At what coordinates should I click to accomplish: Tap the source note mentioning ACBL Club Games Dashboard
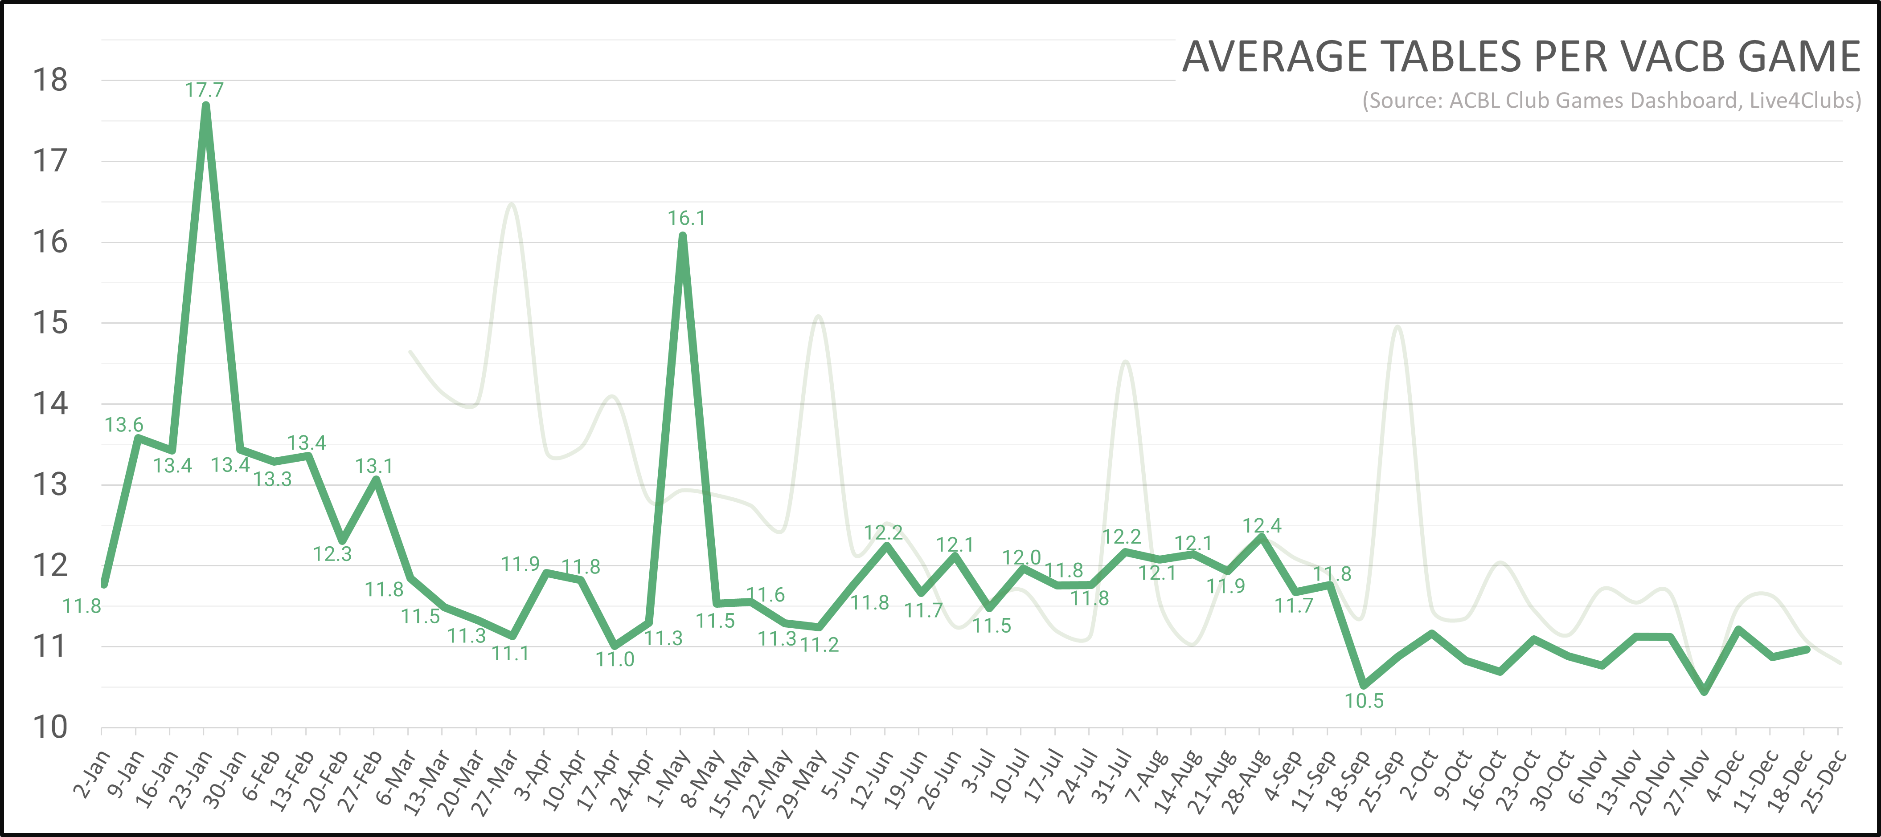tap(1611, 100)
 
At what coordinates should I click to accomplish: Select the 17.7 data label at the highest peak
tap(205, 90)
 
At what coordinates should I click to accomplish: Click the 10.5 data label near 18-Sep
tap(1364, 700)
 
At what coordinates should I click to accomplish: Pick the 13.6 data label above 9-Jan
tap(124, 425)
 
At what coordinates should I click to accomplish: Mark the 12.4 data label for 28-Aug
tap(1262, 525)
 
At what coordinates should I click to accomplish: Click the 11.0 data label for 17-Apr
tap(615, 659)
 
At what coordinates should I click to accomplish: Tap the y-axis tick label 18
tap(49, 80)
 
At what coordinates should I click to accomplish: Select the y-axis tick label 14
tap(49, 403)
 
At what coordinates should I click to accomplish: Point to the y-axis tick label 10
tap(49, 727)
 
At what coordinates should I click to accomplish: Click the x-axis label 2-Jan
tap(92, 773)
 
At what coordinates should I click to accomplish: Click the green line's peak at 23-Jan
tap(206, 106)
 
